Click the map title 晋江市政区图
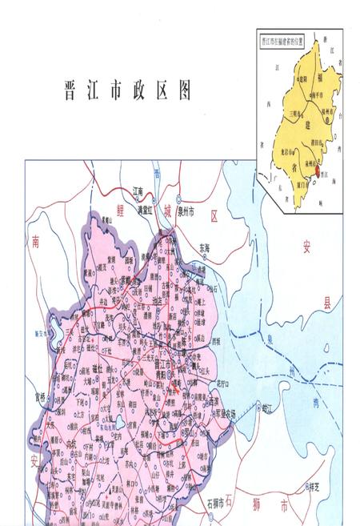(127, 90)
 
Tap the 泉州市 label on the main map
(193, 211)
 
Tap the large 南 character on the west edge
(35, 239)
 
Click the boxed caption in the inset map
(282, 38)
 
